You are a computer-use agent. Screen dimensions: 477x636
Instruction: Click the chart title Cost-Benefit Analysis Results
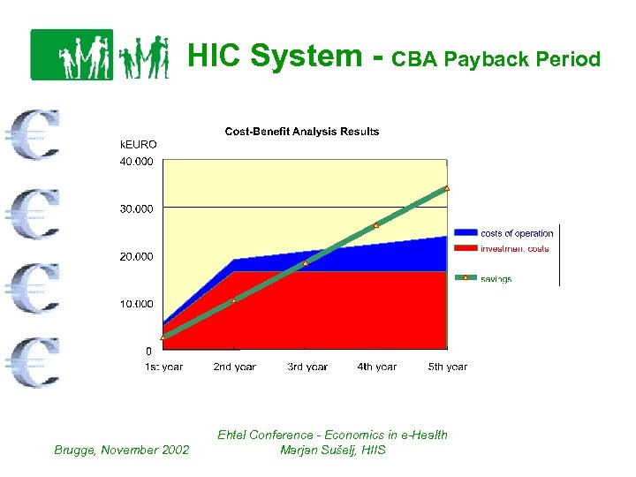pos(302,132)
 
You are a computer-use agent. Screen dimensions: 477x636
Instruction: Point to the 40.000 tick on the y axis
pos(136,162)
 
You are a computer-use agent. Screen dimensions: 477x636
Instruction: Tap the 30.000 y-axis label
pos(136,209)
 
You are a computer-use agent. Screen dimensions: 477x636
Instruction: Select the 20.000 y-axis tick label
pos(136,257)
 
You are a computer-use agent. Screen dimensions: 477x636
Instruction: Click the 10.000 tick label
pos(136,304)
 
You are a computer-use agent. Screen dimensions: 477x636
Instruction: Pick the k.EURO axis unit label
pos(138,144)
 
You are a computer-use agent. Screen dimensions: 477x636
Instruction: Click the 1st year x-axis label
pos(163,367)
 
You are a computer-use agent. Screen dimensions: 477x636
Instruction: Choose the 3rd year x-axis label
pos(307,367)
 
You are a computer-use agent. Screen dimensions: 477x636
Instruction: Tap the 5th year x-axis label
pos(448,367)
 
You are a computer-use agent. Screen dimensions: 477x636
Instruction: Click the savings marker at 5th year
pos(447,188)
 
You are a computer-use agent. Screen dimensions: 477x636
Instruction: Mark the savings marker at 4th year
pos(376,225)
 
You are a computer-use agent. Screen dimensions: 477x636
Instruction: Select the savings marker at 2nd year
pos(234,301)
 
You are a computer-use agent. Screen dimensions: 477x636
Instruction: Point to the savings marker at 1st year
pos(163,337)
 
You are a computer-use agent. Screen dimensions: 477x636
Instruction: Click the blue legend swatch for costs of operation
pos(465,233)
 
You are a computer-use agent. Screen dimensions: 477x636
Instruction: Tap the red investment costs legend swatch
pos(465,248)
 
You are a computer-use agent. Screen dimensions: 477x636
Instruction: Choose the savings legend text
pos(496,279)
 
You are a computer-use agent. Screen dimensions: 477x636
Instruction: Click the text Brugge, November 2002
pos(120,450)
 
